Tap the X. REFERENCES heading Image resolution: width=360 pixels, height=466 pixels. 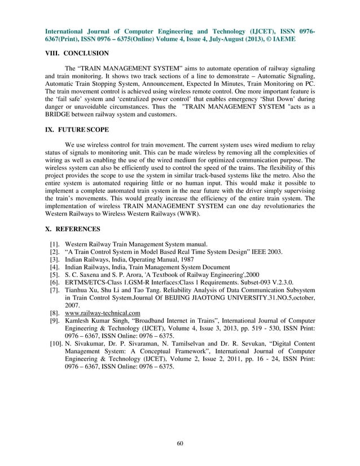point(73,230)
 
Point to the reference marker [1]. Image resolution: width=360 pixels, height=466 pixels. point(55,244)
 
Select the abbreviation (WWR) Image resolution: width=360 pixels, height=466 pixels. point(196,216)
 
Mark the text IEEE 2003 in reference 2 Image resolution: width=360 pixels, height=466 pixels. point(265,252)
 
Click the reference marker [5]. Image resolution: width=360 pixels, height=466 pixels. point(55,274)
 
